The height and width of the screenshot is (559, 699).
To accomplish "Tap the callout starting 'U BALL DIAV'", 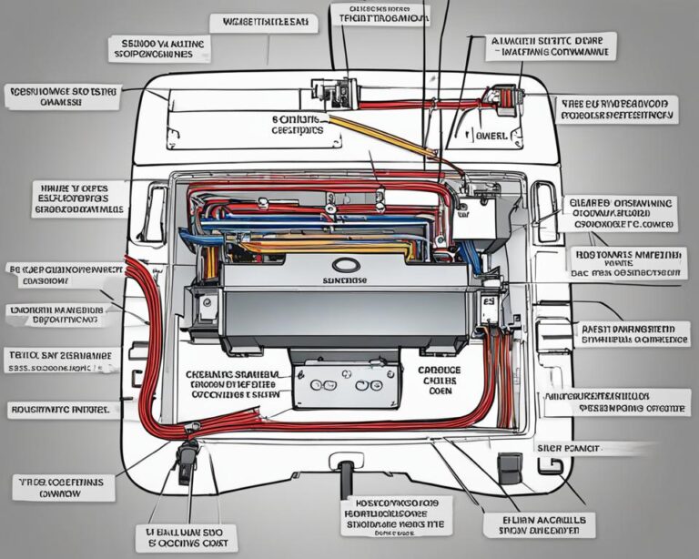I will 186,535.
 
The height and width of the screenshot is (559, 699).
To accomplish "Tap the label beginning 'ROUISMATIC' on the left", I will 60,411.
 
